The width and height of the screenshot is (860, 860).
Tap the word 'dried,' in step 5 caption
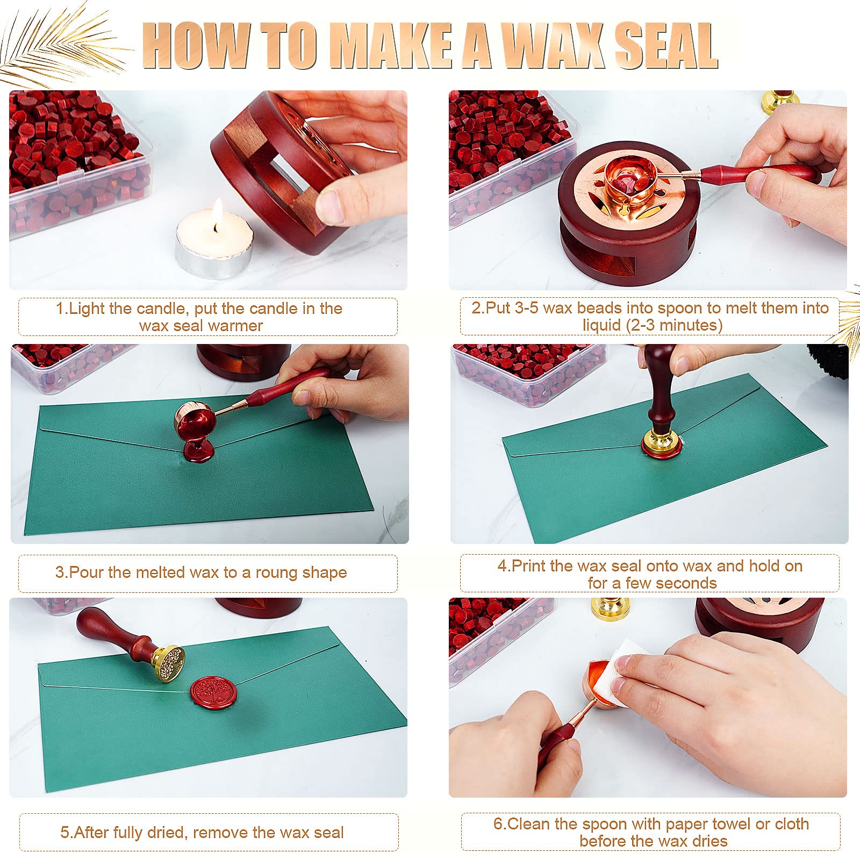pos(167,833)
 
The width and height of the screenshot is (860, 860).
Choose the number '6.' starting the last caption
pos(500,824)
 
